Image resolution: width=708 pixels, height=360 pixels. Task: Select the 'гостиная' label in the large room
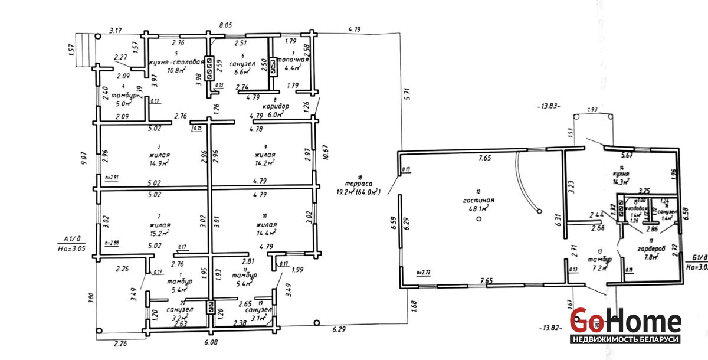pos(478,200)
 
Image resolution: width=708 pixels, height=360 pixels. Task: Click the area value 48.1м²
pos(478,208)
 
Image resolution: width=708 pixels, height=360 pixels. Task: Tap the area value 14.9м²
pos(159,163)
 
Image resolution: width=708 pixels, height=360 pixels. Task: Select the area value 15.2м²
pos(159,233)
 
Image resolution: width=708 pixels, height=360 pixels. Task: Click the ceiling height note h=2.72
pos(422,273)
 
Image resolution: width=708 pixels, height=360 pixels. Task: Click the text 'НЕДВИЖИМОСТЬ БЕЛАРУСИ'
pos(625,340)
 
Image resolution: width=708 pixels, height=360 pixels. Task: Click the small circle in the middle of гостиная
pos(478,219)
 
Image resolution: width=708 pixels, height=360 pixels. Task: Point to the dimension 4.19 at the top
pos(355,28)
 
